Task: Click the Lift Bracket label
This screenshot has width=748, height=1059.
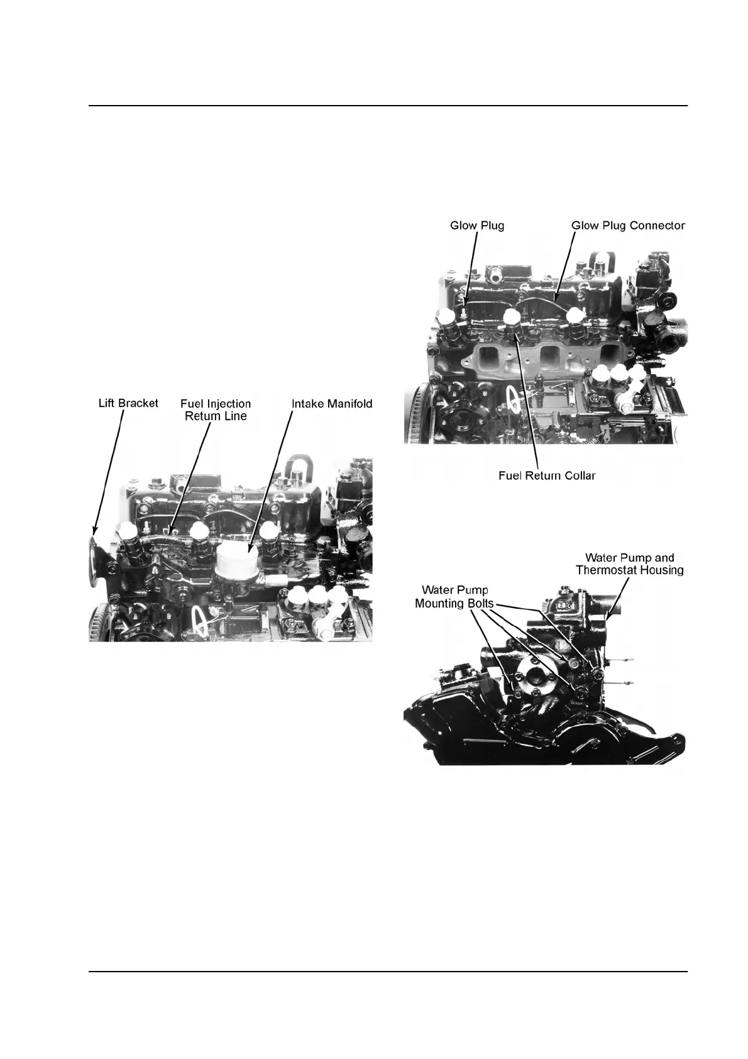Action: (x=128, y=403)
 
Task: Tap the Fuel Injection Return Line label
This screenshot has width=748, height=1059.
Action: (x=216, y=409)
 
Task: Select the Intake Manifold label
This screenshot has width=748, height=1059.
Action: (x=332, y=403)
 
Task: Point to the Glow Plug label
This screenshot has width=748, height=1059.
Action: (x=477, y=225)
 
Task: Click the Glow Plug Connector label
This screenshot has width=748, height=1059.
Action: (x=628, y=225)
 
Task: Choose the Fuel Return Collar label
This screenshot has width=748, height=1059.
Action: (x=547, y=475)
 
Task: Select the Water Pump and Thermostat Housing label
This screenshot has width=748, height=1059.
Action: (x=630, y=564)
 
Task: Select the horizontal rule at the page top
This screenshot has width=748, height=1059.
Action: (x=388, y=106)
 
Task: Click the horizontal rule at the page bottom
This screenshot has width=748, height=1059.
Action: (x=388, y=973)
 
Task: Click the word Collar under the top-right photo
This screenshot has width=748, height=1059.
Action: (x=578, y=475)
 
